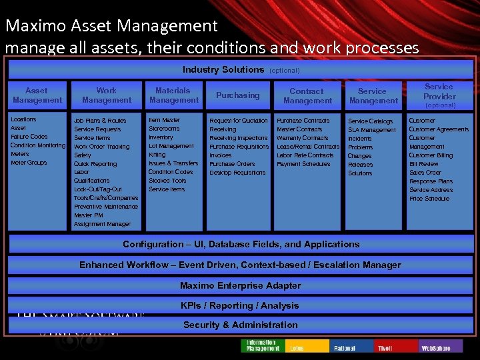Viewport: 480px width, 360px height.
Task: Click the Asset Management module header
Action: pos(37,95)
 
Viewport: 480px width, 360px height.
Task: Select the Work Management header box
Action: pos(107,95)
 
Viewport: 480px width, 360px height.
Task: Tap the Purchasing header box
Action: pos(238,95)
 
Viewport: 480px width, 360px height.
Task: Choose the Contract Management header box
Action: pos(307,96)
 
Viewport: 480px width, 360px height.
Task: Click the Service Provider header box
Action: pos(439,95)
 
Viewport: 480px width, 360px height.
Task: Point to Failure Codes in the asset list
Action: pos(29,137)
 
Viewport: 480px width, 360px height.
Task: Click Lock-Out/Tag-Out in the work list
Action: pos(97,189)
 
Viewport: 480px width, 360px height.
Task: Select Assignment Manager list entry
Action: pos(102,224)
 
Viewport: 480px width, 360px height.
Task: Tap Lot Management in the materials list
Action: pos(171,146)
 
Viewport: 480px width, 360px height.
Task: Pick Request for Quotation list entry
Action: pos(239,121)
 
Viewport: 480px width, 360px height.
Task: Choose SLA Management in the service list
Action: pos(371,130)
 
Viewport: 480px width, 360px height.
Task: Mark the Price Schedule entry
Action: pos(429,199)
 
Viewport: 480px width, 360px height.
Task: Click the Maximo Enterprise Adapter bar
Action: pos(240,285)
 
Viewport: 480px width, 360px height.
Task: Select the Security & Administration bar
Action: pos(240,325)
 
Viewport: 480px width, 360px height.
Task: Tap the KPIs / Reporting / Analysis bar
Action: pos(240,305)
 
